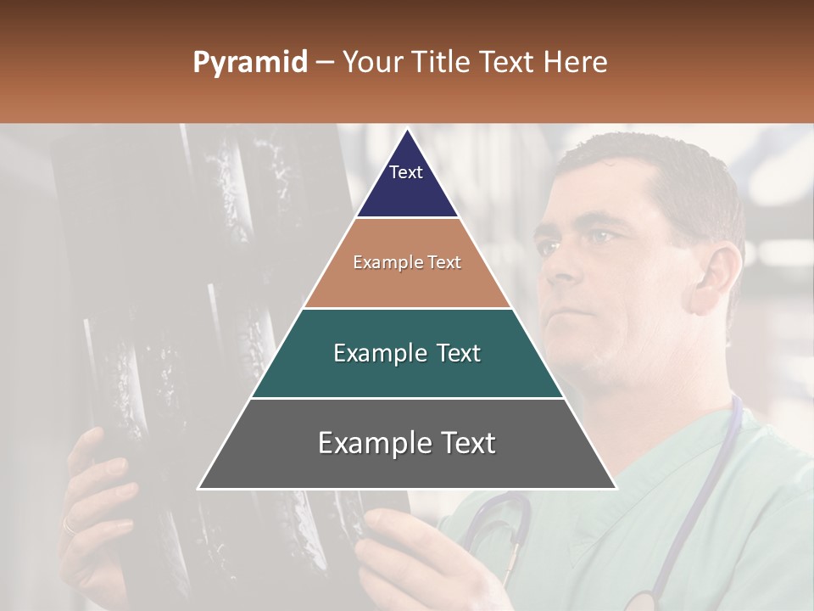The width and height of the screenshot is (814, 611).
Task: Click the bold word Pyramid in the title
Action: pos(249,63)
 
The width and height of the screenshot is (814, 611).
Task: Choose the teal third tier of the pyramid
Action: pos(407,373)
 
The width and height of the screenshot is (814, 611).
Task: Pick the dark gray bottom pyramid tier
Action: pos(407,462)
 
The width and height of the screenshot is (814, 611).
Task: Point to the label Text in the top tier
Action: pos(405,172)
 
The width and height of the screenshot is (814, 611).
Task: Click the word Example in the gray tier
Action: pos(365,443)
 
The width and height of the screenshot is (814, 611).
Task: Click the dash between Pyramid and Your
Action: pos(325,63)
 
